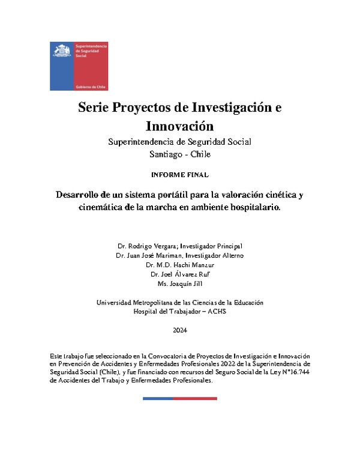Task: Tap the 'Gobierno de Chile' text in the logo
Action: (90, 86)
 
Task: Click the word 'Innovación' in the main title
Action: (179, 126)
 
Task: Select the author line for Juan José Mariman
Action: (180, 256)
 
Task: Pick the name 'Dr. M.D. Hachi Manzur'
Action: (180, 265)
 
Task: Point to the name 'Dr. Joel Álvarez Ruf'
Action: (180, 274)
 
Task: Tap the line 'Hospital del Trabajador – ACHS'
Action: (180, 312)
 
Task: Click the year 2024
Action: (180, 331)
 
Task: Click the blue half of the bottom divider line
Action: (161, 398)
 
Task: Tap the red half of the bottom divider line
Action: (199, 398)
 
